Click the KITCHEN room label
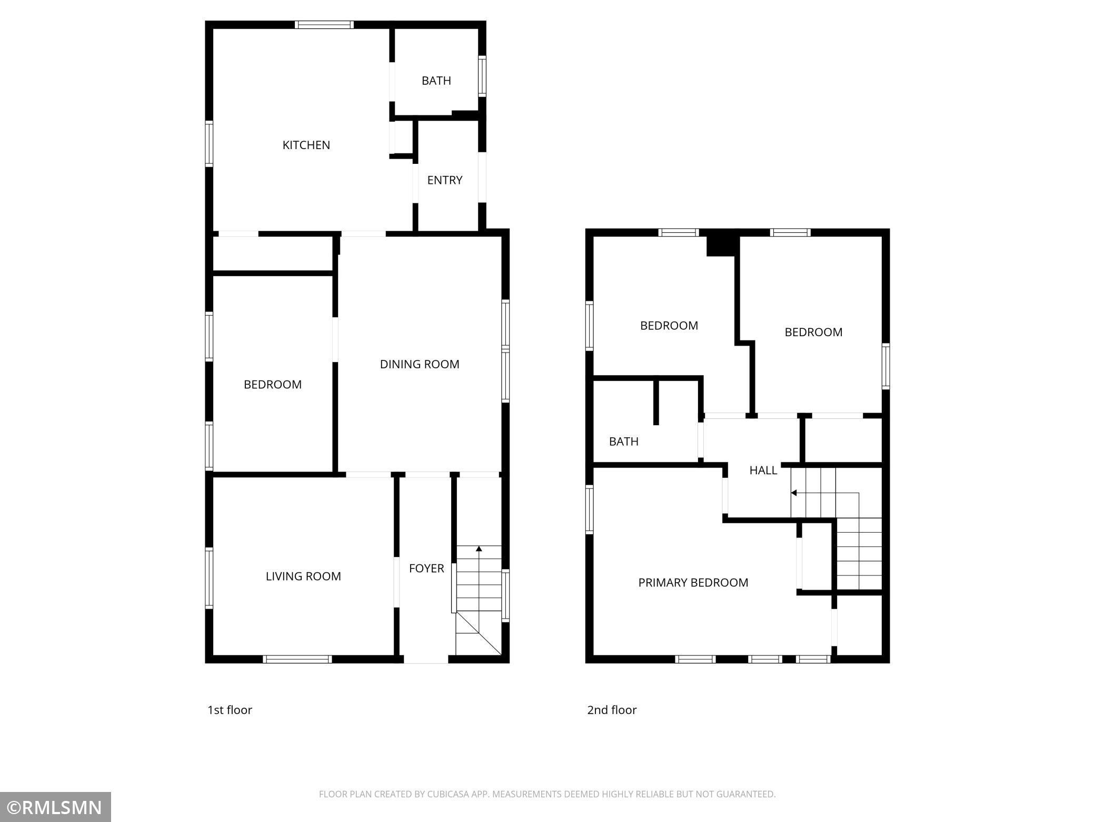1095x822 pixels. pyautogui.click(x=306, y=145)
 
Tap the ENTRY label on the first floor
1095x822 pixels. pyautogui.click(x=444, y=180)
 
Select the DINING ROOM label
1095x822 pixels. pyautogui.click(x=420, y=364)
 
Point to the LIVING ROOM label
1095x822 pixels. pyautogui.click(x=303, y=576)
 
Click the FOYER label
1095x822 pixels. pyautogui.click(x=426, y=568)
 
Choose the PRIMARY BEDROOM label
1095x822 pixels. pyautogui.click(x=693, y=582)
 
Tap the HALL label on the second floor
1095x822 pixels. pyautogui.click(x=763, y=470)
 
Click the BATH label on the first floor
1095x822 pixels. pyautogui.click(x=436, y=81)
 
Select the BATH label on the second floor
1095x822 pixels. pyautogui.click(x=623, y=442)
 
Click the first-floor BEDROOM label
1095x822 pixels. pyautogui.click(x=272, y=385)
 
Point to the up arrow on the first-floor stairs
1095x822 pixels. pyautogui.click(x=479, y=549)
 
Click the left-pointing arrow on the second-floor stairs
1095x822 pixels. pyautogui.click(x=794, y=493)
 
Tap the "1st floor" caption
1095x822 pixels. pyautogui.click(x=230, y=710)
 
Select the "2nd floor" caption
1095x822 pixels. pyautogui.click(x=612, y=710)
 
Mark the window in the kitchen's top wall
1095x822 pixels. pyautogui.click(x=324, y=25)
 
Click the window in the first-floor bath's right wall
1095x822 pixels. pyautogui.click(x=482, y=76)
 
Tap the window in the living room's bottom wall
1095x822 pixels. pyautogui.click(x=297, y=659)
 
